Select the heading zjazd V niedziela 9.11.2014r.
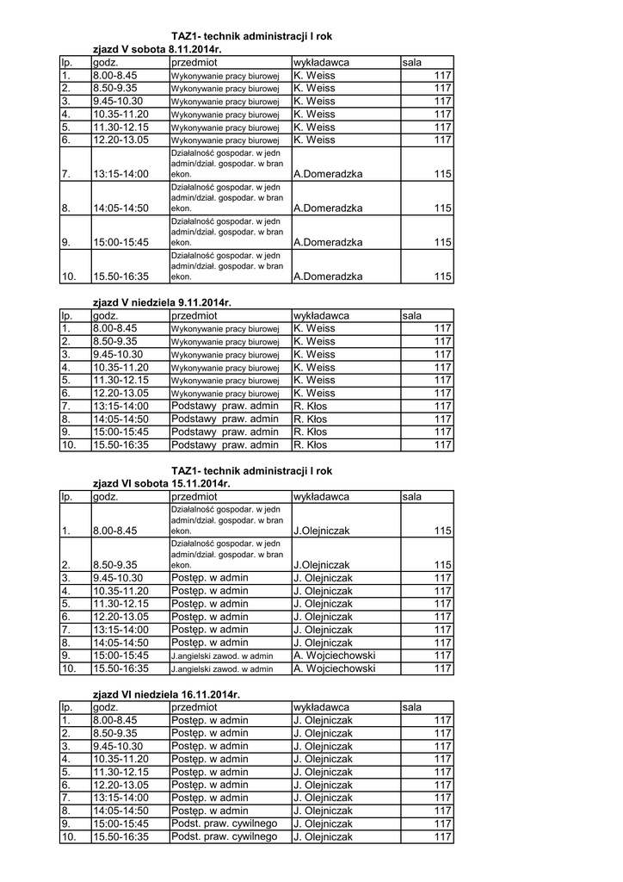162,302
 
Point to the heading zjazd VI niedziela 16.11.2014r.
166,694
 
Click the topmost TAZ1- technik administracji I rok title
251,37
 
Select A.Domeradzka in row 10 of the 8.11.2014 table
328,276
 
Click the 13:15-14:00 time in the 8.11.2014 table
120,174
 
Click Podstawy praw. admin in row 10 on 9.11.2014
225,445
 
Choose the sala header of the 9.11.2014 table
412,315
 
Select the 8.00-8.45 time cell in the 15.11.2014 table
115,531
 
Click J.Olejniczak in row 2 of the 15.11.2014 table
322,565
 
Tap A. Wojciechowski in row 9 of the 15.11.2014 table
335,655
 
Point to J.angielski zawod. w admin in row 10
222,668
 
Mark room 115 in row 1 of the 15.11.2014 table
442,531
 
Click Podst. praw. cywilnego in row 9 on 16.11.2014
224,823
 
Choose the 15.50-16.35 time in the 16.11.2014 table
120,836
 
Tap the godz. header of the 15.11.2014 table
105,497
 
